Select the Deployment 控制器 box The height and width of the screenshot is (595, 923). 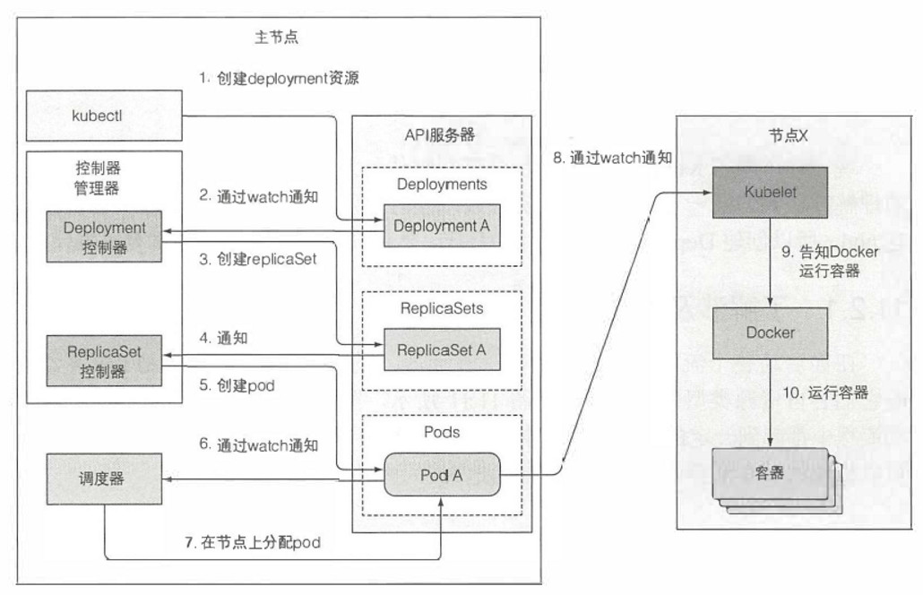105,237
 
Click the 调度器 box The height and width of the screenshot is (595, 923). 105,479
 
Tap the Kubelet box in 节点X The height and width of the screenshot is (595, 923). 772,191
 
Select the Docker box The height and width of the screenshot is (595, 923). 772,332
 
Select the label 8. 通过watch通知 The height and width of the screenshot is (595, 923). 612,159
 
